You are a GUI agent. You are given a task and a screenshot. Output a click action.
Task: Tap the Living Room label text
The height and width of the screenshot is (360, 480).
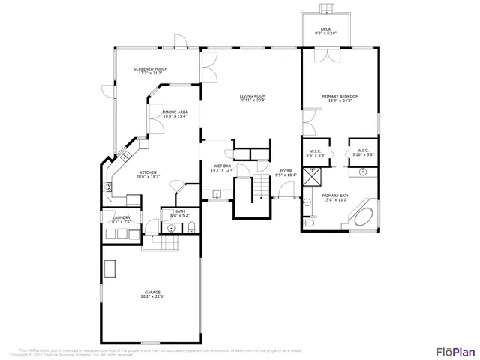pyautogui.click(x=253, y=97)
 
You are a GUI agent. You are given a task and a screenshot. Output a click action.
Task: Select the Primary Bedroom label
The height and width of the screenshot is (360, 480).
pyautogui.click(x=340, y=97)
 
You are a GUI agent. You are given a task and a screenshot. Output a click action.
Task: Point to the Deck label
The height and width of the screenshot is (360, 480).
pyautogui.click(x=325, y=31)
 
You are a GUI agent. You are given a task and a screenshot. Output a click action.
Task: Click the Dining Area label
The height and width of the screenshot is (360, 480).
pyautogui.click(x=175, y=114)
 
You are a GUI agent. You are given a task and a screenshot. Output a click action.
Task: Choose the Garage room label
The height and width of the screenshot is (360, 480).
pyautogui.click(x=152, y=294)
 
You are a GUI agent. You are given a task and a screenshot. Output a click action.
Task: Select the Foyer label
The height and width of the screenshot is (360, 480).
pyautogui.click(x=286, y=172)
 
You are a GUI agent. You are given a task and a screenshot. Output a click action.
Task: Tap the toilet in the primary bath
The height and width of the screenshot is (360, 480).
pyautogui.click(x=308, y=223)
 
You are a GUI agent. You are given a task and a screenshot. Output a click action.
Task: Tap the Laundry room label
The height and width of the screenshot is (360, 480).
pyautogui.click(x=121, y=220)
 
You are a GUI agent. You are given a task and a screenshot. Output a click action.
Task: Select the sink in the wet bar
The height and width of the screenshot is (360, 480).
pyautogui.click(x=217, y=195)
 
